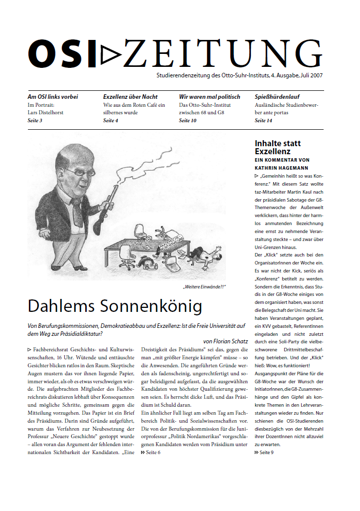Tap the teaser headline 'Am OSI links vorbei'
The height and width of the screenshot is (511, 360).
(52, 97)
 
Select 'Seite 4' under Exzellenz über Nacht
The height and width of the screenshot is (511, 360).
(110, 121)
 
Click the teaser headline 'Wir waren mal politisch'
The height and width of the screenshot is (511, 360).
(209, 97)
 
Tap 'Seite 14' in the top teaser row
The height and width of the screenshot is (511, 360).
(263, 121)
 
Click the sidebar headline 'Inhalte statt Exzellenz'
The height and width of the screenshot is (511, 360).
(278, 147)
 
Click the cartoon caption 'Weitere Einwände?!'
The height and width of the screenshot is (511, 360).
(204, 286)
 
